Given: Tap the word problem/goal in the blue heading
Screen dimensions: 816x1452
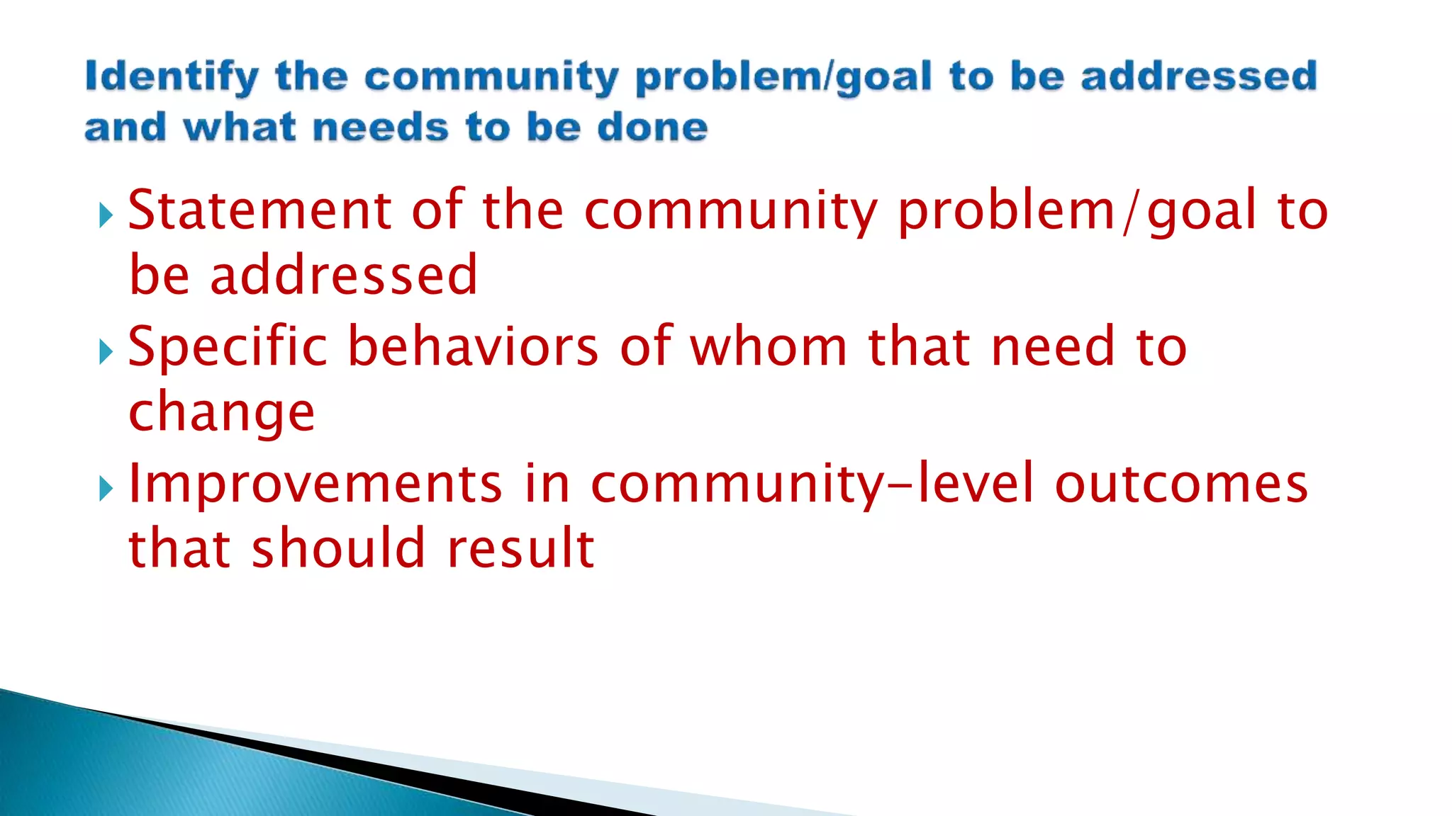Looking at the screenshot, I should pyautogui.click(x=783, y=76).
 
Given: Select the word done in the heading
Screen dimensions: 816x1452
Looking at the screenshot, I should pyautogui.click(x=652, y=128).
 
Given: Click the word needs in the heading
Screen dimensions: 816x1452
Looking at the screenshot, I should pyautogui.click(x=381, y=128).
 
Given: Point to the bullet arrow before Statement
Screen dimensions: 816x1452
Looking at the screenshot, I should pyautogui.click(x=106, y=215).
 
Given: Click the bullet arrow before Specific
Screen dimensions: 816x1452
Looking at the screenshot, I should pyautogui.click(x=106, y=351).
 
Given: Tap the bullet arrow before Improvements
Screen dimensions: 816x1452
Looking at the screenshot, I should pyautogui.click(x=106, y=488).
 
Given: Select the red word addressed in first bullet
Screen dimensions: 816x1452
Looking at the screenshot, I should pyautogui.click(x=344, y=275).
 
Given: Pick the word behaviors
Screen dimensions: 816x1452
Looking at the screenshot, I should pyautogui.click(x=474, y=346).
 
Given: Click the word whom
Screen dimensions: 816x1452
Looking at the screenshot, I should pyautogui.click(x=769, y=346).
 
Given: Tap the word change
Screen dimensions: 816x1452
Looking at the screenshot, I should pyautogui.click(x=221, y=412).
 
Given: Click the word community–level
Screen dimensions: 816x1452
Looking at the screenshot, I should pyautogui.click(x=812, y=483).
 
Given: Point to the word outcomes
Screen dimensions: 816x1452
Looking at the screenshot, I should pyautogui.click(x=1181, y=483).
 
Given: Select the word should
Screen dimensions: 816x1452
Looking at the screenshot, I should pyautogui.click(x=339, y=548).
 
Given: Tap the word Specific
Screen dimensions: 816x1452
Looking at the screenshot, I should pyautogui.click(x=228, y=346).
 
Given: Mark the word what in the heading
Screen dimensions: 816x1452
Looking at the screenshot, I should pyautogui.click(x=239, y=128).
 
